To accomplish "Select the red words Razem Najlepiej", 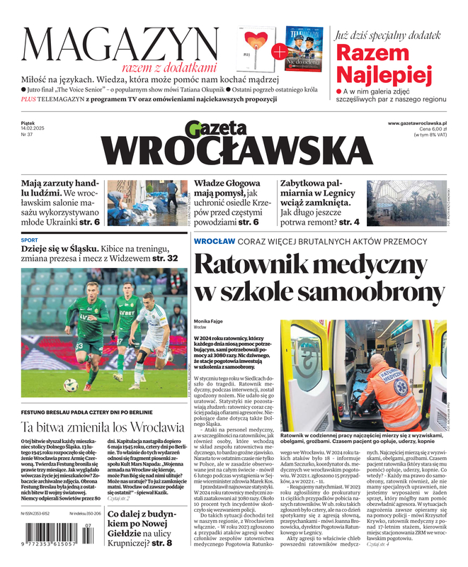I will [x=383, y=63].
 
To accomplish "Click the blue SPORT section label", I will [x=30, y=240].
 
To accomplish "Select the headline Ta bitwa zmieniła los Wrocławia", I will [x=103, y=427].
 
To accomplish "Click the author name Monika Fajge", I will [x=208, y=321].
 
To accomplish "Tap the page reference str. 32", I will [x=164, y=259].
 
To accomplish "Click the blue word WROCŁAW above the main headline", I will [x=215, y=241].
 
